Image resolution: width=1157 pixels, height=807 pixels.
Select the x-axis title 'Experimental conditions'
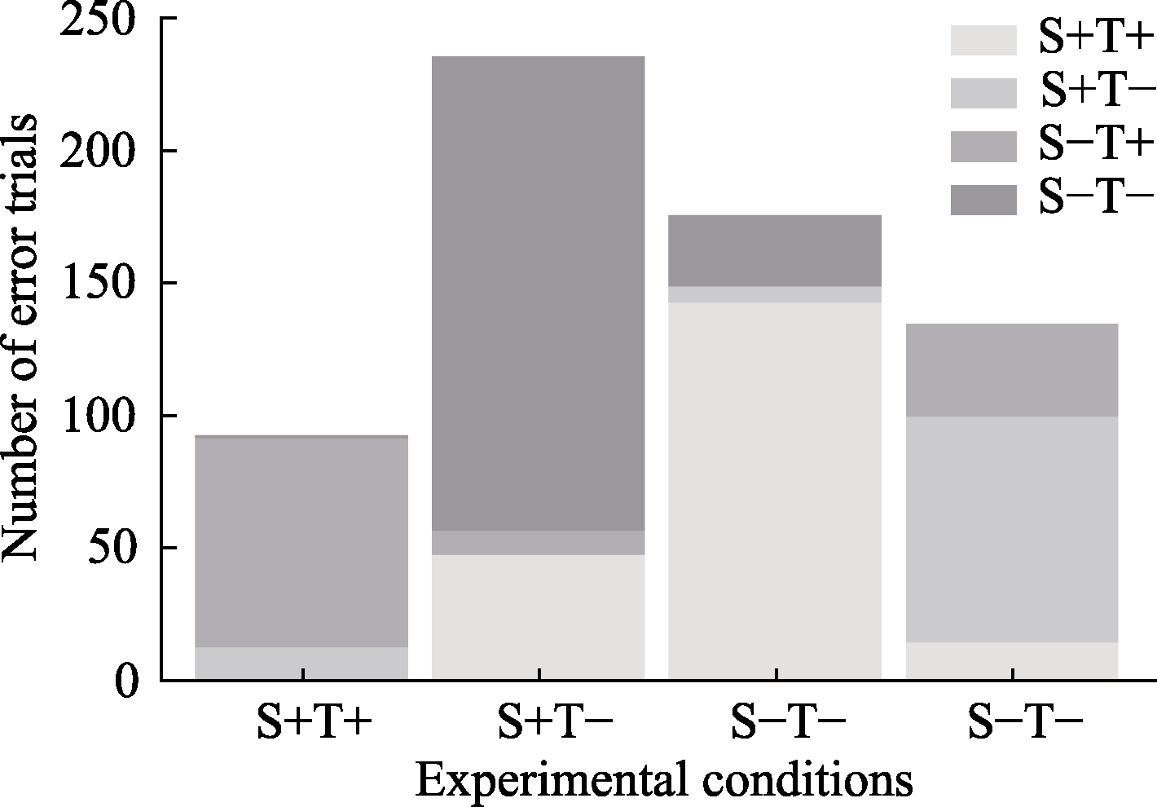tap(664, 779)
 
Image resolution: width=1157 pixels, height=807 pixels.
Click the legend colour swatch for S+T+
tap(983, 40)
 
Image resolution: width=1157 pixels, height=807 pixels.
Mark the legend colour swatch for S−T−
tap(983, 200)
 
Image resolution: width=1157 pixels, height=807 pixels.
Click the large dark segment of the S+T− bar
tap(539, 293)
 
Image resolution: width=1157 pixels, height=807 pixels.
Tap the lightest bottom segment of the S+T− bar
tap(539, 617)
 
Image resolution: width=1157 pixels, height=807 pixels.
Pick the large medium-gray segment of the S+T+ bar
tap(301, 542)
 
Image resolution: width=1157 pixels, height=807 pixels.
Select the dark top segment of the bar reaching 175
tap(775, 250)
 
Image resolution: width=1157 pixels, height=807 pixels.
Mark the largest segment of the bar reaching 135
tap(1011, 529)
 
